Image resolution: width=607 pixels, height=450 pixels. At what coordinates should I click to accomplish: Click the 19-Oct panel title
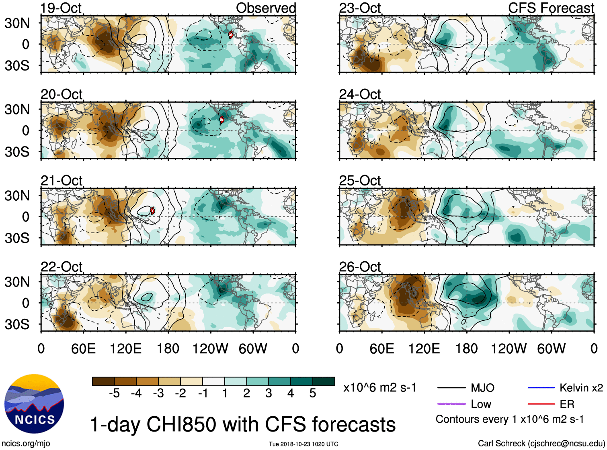pos(61,8)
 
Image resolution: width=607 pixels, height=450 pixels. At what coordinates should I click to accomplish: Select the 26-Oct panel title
pos(360,267)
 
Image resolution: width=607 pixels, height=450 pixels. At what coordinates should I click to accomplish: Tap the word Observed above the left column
pos(266,8)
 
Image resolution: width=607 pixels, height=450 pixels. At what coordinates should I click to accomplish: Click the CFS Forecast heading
pos(551,8)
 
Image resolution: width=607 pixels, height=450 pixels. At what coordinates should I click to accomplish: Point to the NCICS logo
pos(34,404)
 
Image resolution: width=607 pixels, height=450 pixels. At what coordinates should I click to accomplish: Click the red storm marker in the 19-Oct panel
pos(231,35)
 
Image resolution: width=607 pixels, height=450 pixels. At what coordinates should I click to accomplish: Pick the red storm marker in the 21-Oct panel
pos(152,210)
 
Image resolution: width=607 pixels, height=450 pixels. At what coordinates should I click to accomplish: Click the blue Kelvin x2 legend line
pos(541,388)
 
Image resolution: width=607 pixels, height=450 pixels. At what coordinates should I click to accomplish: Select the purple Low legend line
pos(451,404)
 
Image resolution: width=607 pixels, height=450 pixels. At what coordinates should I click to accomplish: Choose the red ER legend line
pos(541,404)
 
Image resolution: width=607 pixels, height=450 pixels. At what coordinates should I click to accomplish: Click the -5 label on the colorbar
pos(114,393)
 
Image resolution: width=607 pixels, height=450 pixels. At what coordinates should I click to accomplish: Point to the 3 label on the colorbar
pos(269,393)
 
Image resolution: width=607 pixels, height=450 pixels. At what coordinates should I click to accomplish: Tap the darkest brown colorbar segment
pos(103,381)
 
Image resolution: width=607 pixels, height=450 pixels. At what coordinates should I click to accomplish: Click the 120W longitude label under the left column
pos(210,348)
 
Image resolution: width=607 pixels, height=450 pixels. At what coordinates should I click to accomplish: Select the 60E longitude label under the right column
pos(381,348)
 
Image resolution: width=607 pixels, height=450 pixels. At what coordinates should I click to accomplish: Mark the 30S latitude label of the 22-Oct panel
pos(17,324)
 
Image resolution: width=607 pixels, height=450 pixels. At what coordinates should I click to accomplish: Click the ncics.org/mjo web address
pos(26,444)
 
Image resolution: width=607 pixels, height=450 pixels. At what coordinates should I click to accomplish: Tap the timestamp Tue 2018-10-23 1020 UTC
pos(303,444)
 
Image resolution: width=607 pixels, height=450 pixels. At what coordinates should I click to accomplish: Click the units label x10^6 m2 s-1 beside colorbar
pos(379,388)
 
